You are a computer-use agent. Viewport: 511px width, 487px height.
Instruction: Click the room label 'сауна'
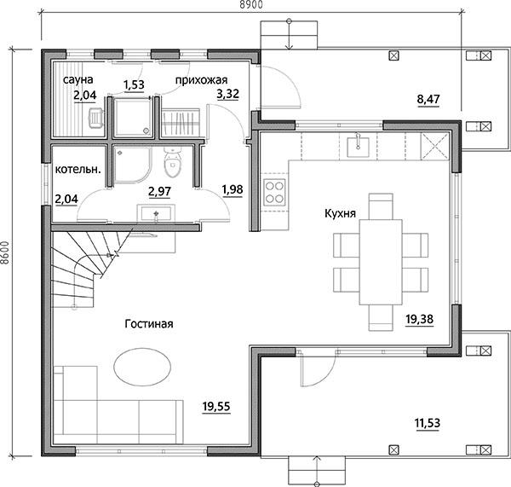pyautogui.click(x=78, y=79)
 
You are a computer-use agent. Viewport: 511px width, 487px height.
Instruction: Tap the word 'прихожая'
pyautogui.click(x=201, y=80)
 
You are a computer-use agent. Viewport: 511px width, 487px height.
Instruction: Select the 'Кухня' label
pyautogui.click(x=340, y=214)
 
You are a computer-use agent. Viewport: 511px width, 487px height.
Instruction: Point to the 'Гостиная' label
pyautogui.click(x=149, y=324)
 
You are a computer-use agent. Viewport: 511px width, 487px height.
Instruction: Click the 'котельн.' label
pyautogui.click(x=78, y=170)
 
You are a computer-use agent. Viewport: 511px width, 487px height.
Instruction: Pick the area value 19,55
pyautogui.click(x=216, y=407)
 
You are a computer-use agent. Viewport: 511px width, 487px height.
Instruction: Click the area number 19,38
pyautogui.click(x=420, y=319)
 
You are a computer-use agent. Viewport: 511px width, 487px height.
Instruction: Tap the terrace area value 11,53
pyautogui.click(x=428, y=423)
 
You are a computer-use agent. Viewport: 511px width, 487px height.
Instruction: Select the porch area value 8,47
pyautogui.click(x=428, y=99)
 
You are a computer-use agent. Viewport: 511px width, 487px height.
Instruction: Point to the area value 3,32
pyautogui.click(x=228, y=94)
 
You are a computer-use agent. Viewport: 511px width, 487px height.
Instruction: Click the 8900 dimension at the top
pyautogui.click(x=251, y=4)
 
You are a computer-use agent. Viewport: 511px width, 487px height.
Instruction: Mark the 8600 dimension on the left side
pyautogui.click(x=4, y=252)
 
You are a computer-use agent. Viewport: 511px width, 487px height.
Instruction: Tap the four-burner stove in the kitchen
pyautogui.click(x=274, y=192)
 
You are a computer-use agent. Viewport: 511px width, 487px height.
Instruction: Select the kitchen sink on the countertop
pyautogui.click(x=358, y=146)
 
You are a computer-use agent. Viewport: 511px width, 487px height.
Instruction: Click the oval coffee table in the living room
pyautogui.click(x=142, y=367)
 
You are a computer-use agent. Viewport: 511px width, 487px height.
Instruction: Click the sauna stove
pyautogui.click(x=95, y=118)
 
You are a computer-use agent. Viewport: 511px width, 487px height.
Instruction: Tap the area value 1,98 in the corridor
pyautogui.click(x=233, y=190)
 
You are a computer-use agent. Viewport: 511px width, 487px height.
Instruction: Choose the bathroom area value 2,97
pyautogui.click(x=159, y=192)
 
